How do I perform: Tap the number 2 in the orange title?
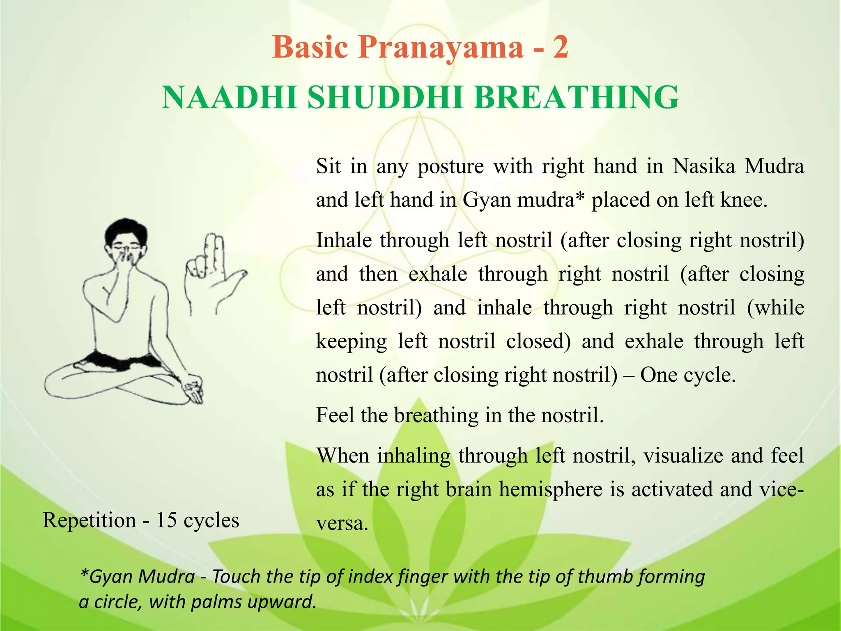click(x=560, y=48)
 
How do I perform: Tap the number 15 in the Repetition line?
click(x=166, y=520)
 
